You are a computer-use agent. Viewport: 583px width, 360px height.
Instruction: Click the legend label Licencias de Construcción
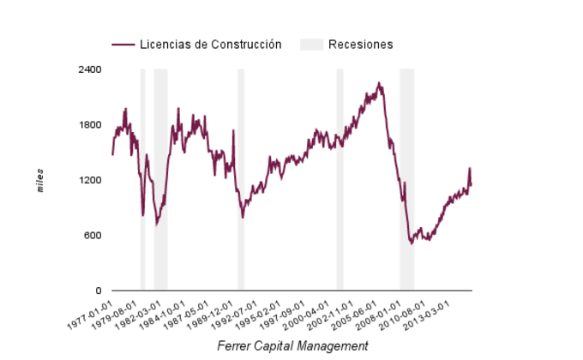[210, 45]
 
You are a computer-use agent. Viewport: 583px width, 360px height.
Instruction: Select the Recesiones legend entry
[360, 45]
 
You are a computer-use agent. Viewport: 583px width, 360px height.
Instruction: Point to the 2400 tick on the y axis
[91, 69]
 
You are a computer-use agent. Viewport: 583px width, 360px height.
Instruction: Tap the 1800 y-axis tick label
[91, 125]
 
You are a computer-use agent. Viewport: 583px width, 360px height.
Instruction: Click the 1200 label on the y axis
[91, 181]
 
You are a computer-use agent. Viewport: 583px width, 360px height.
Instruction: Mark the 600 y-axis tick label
[93, 236]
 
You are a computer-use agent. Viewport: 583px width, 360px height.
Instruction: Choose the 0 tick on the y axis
[99, 291]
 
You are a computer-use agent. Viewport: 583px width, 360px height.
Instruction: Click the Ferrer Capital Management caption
[292, 346]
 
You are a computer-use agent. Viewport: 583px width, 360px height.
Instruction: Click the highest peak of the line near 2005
[379, 83]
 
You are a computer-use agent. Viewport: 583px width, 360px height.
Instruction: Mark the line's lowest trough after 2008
[412, 243]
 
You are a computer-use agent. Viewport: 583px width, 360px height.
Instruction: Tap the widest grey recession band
[406, 180]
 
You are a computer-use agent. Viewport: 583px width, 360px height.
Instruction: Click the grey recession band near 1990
[241, 180]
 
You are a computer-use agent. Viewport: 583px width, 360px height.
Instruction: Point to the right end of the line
[472, 184]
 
